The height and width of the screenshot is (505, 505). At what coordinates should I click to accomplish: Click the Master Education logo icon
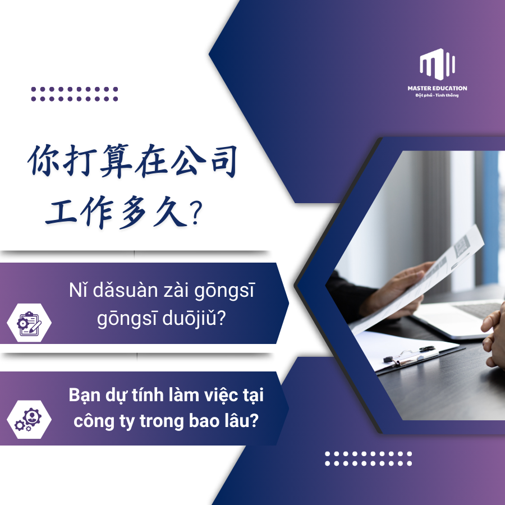437,65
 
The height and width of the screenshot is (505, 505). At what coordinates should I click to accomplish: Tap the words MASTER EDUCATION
437,88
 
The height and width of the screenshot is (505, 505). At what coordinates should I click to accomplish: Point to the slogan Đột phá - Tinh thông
437,95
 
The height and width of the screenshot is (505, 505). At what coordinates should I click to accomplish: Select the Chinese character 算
116,160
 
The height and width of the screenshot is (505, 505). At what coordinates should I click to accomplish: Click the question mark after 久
196,213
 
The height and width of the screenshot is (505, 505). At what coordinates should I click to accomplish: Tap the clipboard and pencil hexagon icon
29,323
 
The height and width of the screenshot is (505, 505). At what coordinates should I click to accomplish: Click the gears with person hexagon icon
29,419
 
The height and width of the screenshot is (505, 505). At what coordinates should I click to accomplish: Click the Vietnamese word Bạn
84,396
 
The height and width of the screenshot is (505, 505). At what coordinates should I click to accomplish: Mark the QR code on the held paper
462,245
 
